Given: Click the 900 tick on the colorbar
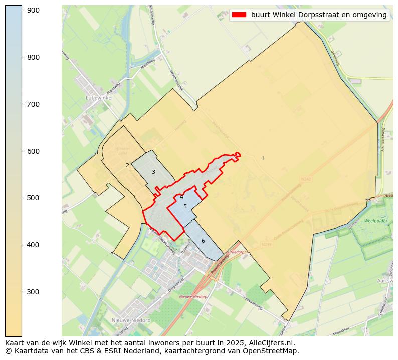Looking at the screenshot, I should (33, 10).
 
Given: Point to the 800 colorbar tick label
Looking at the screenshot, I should (33, 57).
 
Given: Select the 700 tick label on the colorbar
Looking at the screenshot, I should (33, 104).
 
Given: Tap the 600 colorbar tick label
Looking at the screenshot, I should (33, 151).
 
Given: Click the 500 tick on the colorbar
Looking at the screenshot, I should (33, 198).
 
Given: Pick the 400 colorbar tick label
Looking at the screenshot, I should (33, 245).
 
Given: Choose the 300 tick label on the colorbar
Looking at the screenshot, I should (33, 292).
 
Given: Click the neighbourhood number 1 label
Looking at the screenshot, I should (263, 159).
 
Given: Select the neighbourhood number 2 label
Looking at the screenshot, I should (127, 165).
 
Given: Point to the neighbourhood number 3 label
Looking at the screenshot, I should (153, 172).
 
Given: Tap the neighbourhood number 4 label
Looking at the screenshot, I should (181, 197).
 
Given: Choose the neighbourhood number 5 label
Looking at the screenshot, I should (185, 206).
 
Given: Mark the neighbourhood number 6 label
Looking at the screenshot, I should (203, 241).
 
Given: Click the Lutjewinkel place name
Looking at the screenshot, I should (99, 98).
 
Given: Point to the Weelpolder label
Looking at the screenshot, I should (375, 221).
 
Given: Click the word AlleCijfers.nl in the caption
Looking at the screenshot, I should (273, 343).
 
